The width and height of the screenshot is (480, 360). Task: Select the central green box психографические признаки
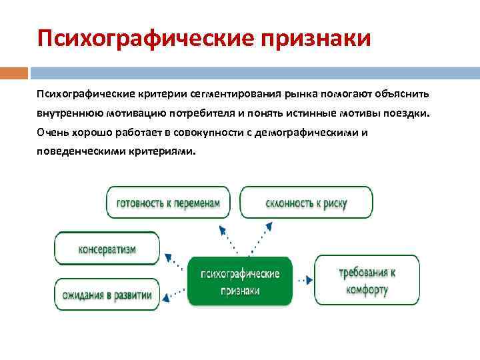pyautogui.click(x=239, y=282)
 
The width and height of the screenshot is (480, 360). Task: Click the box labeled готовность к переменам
pyautogui.click(x=167, y=203)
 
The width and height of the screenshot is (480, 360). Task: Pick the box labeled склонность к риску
pyautogui.click(x=306, y=203)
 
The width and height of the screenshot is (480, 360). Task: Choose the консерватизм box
pyautogui.click(x=107, y=249)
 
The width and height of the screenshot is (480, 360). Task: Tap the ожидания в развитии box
pyautogui.click(x=107, y=294)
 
